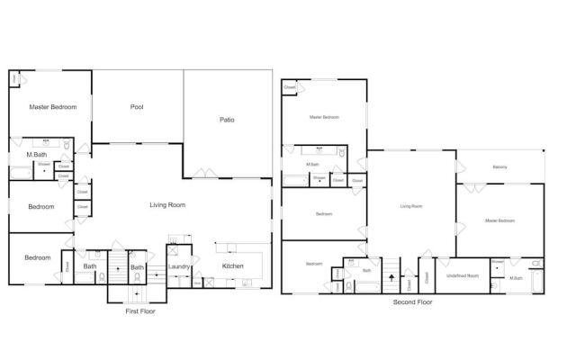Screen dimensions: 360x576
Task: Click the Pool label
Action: click(137, 107)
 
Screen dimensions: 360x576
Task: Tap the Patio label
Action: click(227, 120)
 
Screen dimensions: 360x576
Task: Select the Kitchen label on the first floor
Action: click(233, 266)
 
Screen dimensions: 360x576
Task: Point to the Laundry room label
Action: click(178, 266)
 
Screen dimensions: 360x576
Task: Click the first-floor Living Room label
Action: click(167, 205)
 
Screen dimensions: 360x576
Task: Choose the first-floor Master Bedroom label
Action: click(52, 107)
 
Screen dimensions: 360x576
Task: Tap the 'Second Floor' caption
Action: click(413, 302)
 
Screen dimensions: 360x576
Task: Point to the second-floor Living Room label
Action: click(411, 206)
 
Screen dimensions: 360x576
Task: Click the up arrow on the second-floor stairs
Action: click(391, 277)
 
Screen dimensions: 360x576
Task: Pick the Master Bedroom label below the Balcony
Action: click(499, 220)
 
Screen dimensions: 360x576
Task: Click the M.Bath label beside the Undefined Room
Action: click(517, 277)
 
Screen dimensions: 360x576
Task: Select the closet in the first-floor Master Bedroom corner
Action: click(16, 79)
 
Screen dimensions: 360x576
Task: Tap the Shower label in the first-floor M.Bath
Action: click(43, 165)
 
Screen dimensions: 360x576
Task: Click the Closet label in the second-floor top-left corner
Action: click(289, 87)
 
